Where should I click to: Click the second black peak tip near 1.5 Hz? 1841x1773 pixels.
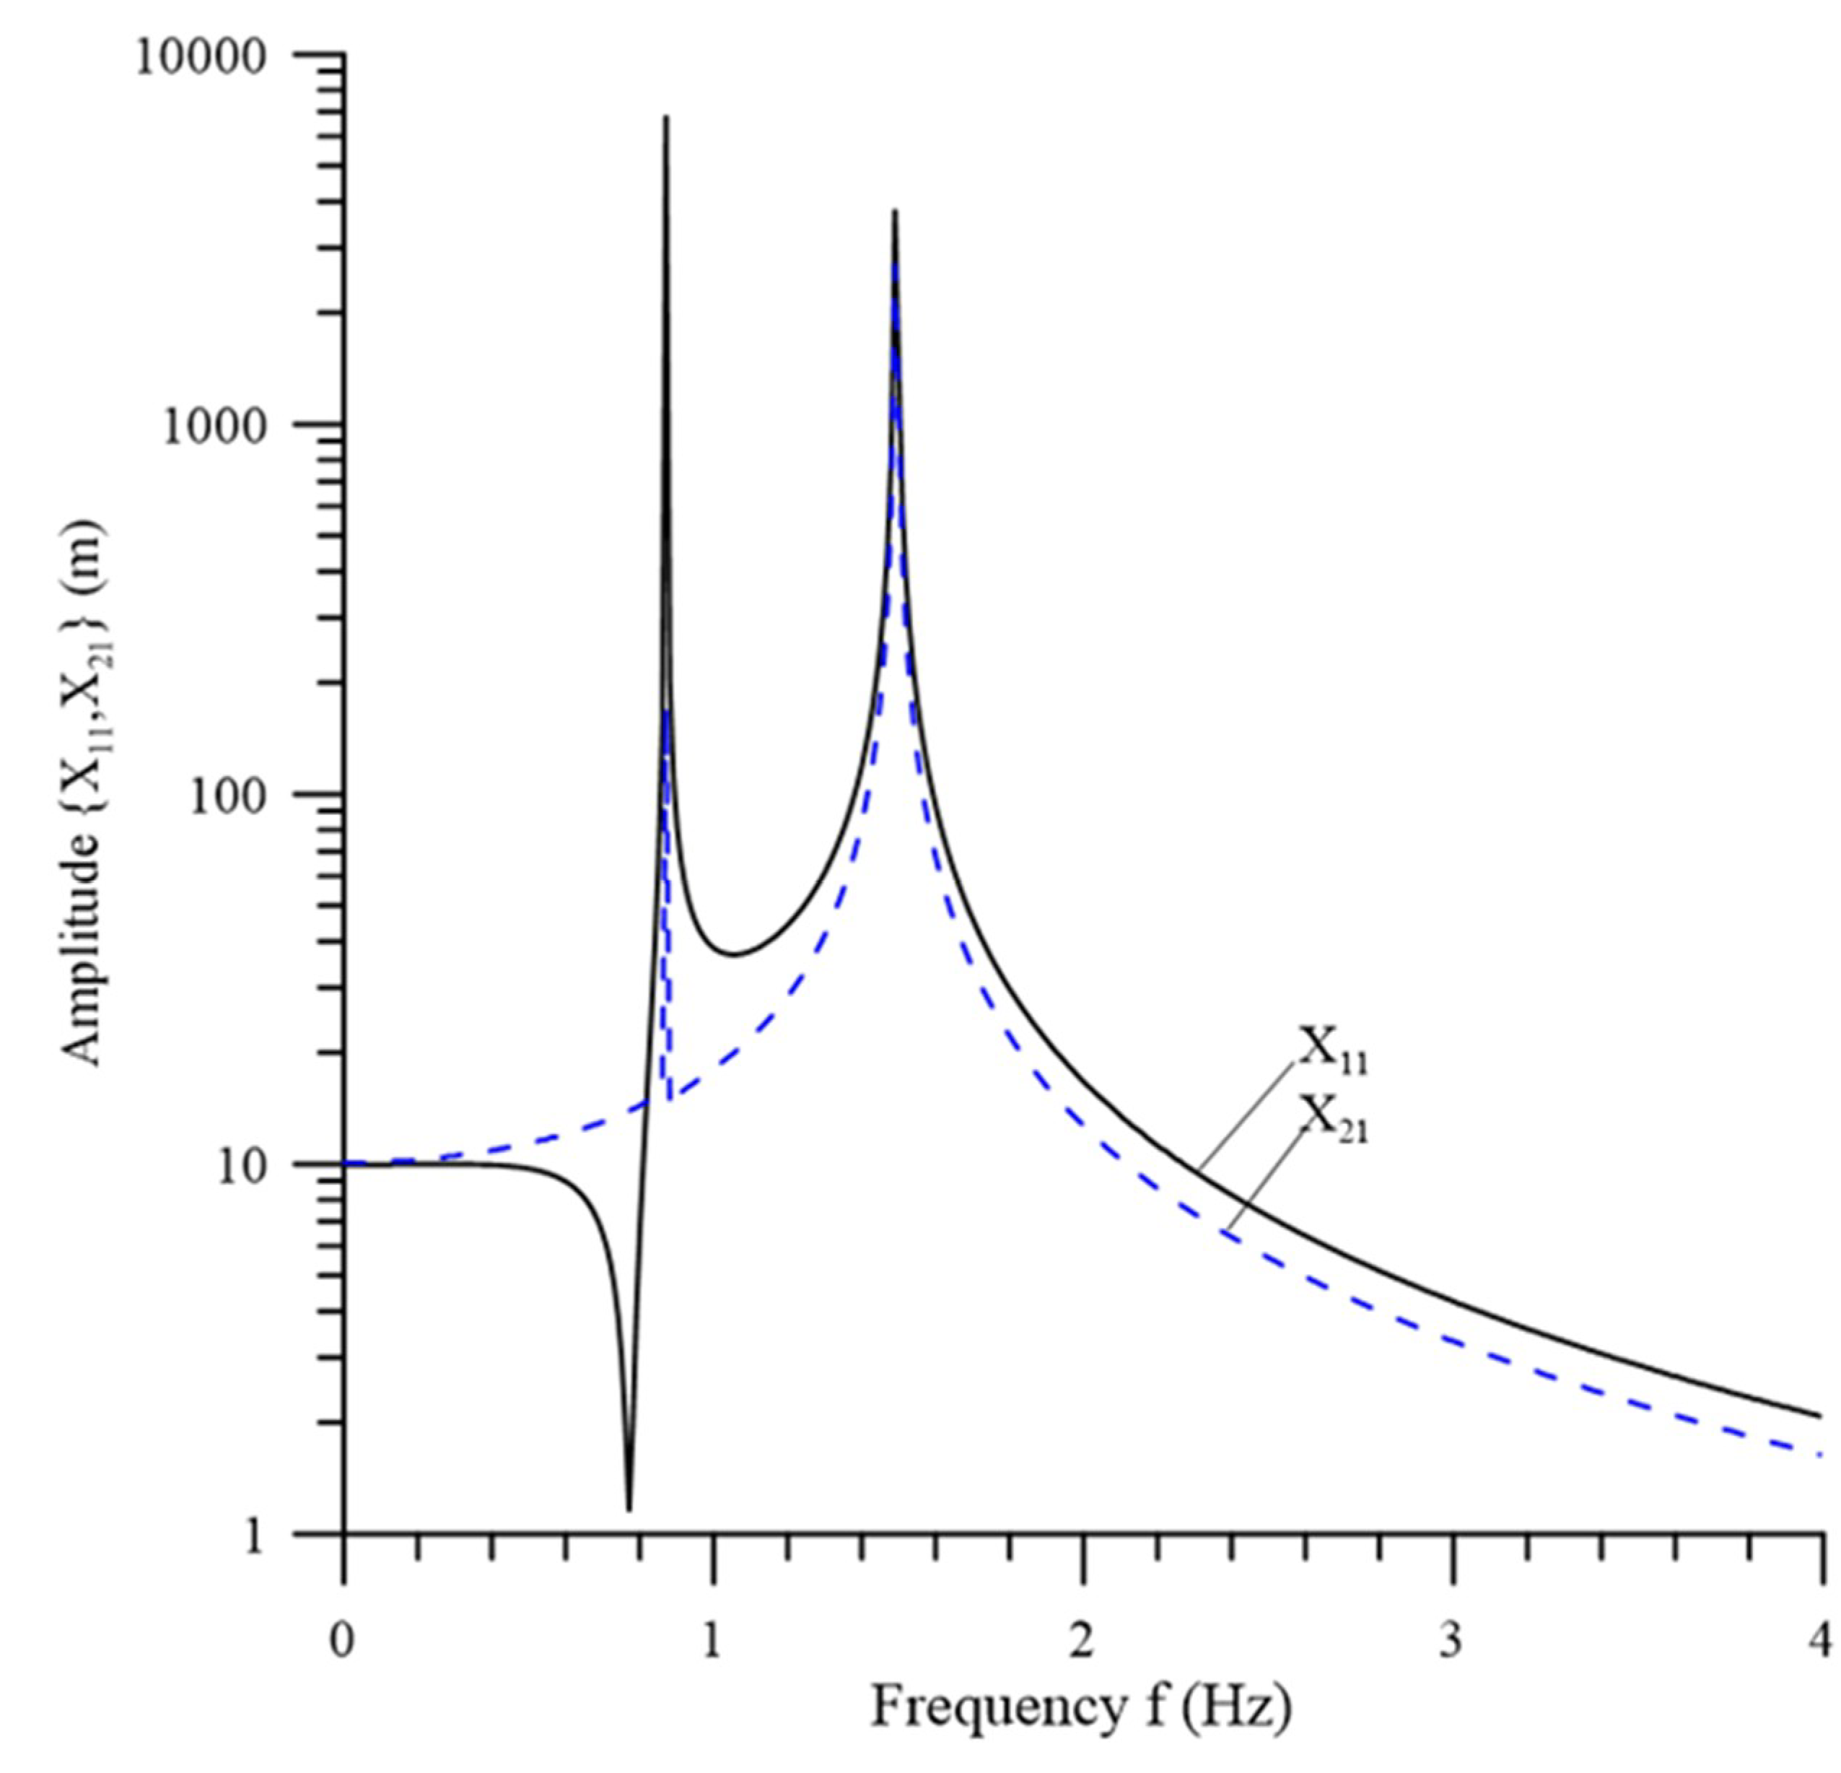[895, 212]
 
